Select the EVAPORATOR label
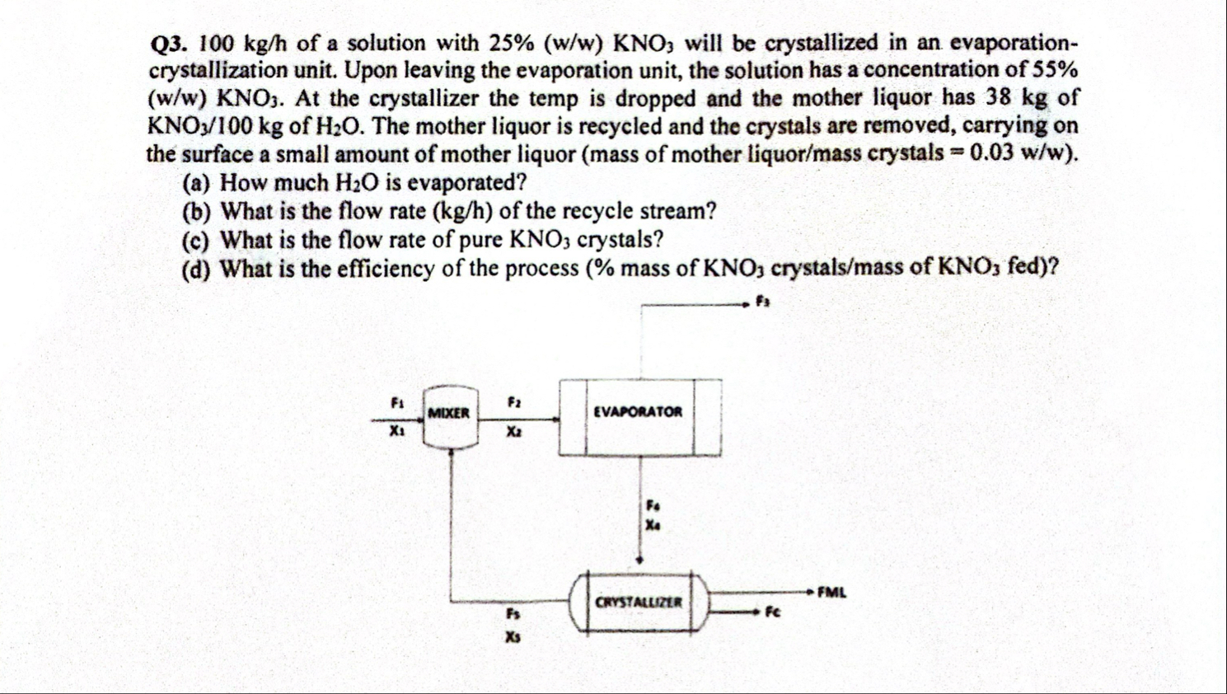[638, 411]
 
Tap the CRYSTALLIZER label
[639, 603]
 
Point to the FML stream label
[831, 592]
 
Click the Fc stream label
[772, 612]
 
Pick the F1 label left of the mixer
[397, 403]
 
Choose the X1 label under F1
[397, 430]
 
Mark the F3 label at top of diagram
[762, 302]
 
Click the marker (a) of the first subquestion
[196, 182]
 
